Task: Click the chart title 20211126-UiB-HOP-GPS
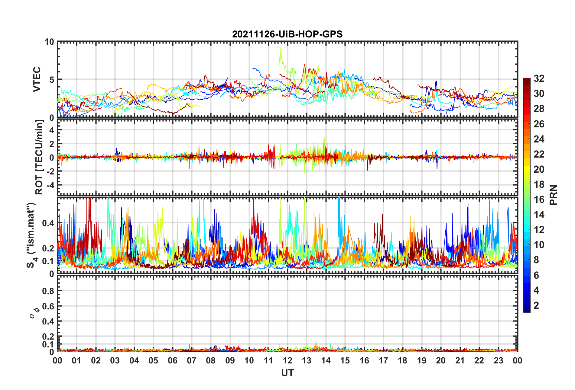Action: click(x=287, y=34)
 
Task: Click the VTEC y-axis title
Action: click(x=37, y=79)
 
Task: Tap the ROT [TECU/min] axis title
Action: click(x=39, y=157)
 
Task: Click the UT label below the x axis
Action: click(x=287, y=373)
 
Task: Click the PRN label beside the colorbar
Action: click(x=553, y=195)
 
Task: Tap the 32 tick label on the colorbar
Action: click(x=539, y=78)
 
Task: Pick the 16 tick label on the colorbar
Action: click(x=539, y=200)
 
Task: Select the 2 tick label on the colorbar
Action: click(x=536, y=305)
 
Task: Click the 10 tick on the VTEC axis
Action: click(x=49, y=42)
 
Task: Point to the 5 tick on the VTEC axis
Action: click(x=52, y=80)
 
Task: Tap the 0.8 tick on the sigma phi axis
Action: click(x=48, y=291)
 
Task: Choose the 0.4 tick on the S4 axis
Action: click(x=48, y=223)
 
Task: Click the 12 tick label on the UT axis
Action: click(x=287, y=360)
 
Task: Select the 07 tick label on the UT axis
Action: click(x=192, y=360)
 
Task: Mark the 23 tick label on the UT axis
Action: click(x=498, y=360)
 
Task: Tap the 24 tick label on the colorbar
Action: click(x=539, y=139)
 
